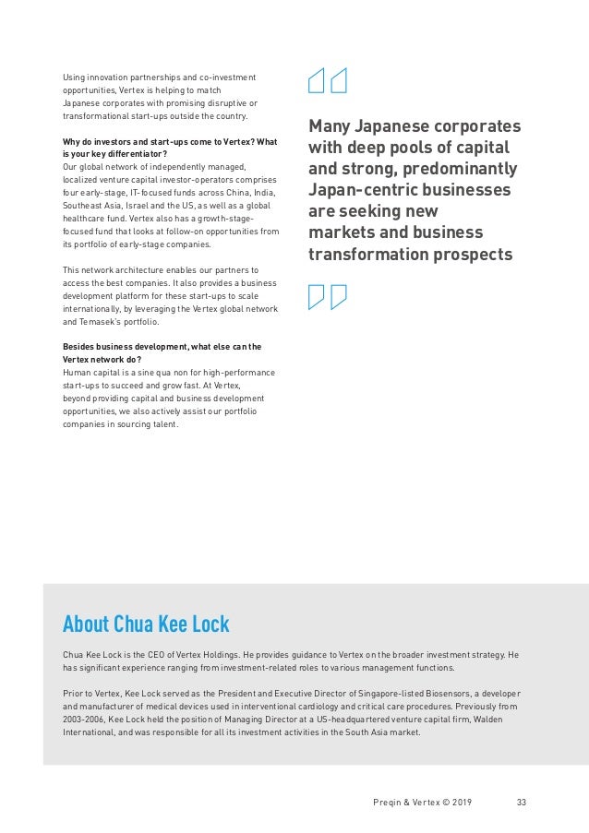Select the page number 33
click(522, 802)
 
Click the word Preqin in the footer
click(377, 802)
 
